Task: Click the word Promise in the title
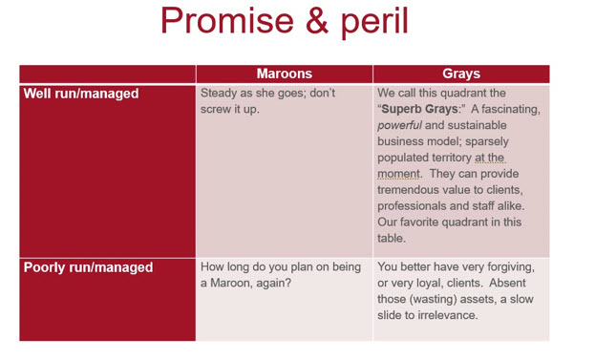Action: point(227,20)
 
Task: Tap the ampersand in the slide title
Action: point(317,20)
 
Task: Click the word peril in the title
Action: point(374,22)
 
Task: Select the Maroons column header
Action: point(285,74)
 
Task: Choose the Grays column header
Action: point(461,74)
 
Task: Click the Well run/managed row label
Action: point(81,94)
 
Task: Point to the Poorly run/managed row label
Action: point(88,267)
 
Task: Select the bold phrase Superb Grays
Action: point(419,109)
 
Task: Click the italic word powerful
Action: point(399,125)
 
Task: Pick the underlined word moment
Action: point(398,174)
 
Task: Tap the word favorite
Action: point(420,222)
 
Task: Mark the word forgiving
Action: point(511,267)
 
